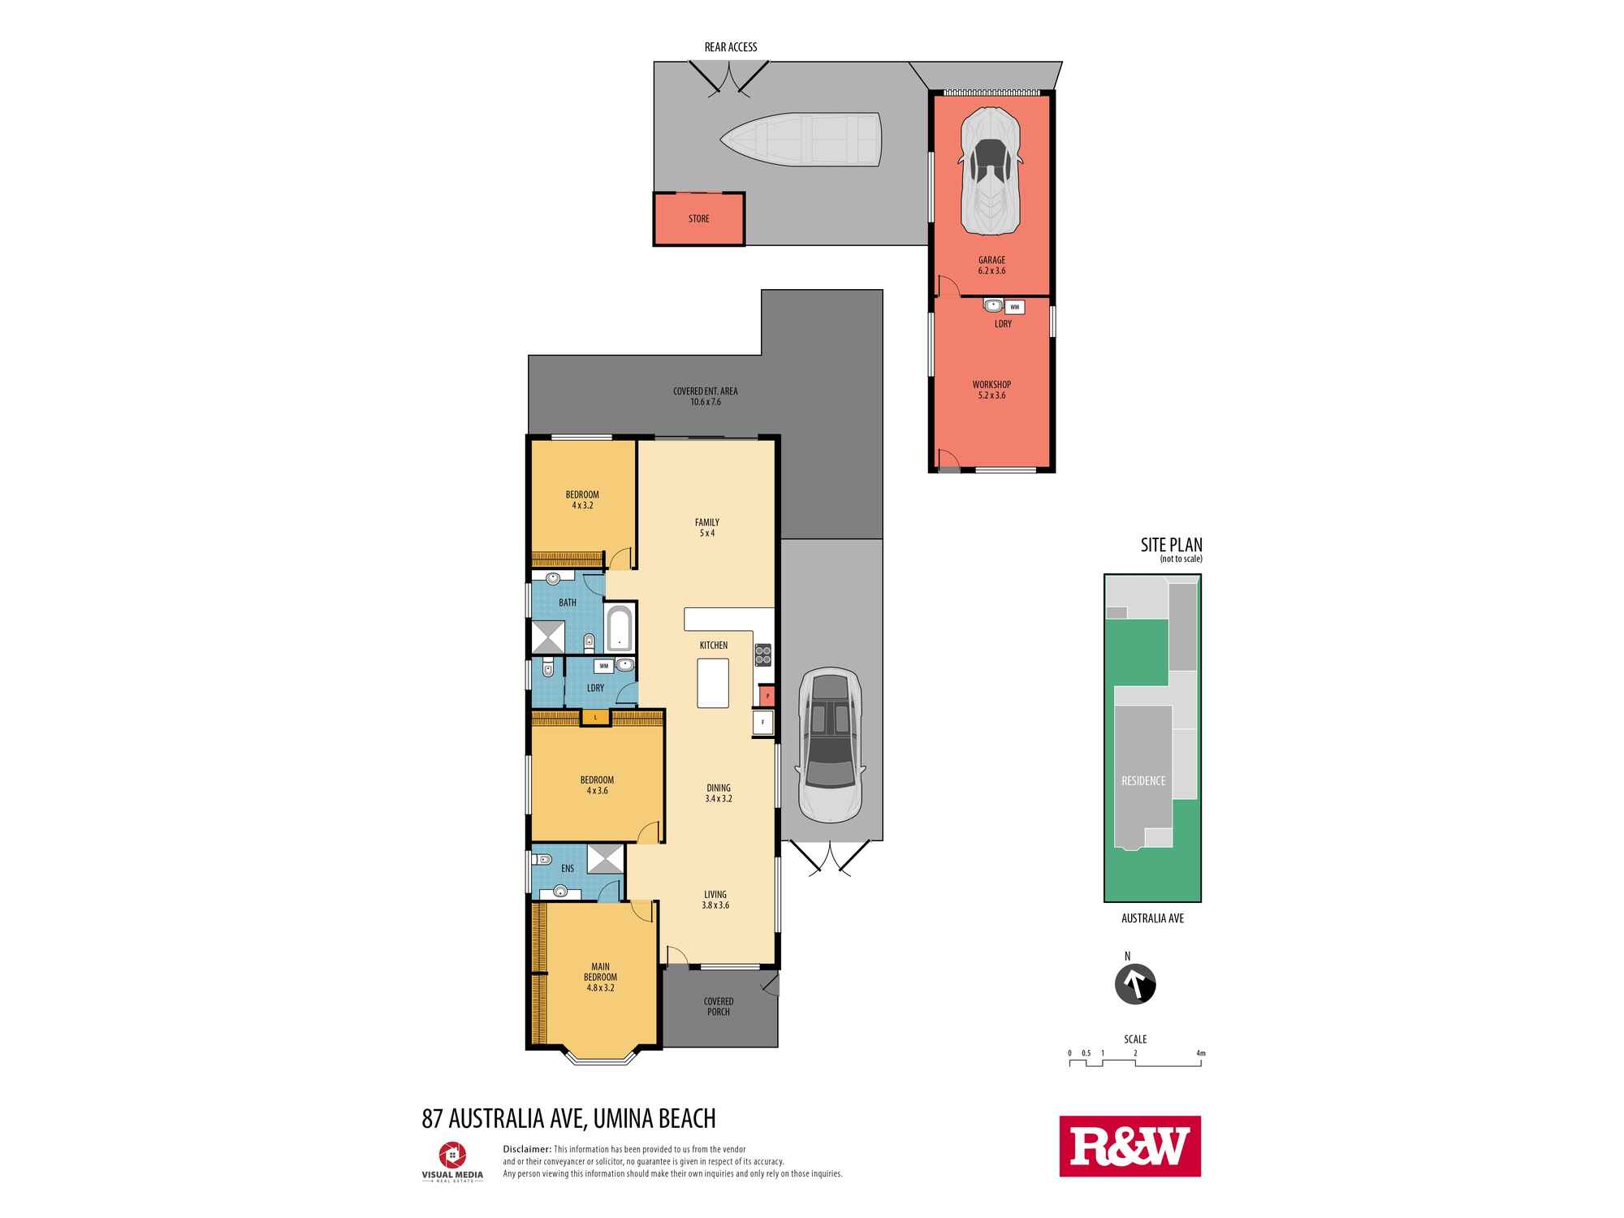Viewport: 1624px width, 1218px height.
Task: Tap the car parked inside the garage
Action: (x=991, y=171)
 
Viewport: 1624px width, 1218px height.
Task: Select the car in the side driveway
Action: (x=829, y=745)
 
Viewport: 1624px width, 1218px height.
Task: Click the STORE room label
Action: (x=698, y=218)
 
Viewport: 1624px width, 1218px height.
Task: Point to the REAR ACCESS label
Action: (x=731, y=47)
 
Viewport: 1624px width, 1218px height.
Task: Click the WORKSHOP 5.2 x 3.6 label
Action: (x=991, y=390)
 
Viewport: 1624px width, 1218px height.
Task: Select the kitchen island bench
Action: (x=713, y=683)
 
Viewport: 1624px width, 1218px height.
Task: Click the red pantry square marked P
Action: (x=767, y=696)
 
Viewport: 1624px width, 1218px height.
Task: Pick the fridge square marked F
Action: (x=762, y=723)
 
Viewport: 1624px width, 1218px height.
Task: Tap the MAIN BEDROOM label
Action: (x=600, y=977)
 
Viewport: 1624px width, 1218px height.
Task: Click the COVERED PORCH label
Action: (x=719, y=1006)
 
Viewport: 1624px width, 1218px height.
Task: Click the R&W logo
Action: (x=1129, y=1146)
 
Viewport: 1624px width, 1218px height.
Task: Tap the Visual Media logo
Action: (x=452, y=1162)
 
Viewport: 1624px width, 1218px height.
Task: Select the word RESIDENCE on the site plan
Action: (x=1143, y=780)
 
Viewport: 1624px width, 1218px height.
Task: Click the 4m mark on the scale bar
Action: (x=1201, y=1053)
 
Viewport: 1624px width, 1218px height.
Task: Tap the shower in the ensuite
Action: (x=605, y=859)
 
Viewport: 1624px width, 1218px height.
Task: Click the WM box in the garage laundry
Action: (x=1015, y=307)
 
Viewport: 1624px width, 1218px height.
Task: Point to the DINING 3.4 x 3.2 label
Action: (x=719, y=793)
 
